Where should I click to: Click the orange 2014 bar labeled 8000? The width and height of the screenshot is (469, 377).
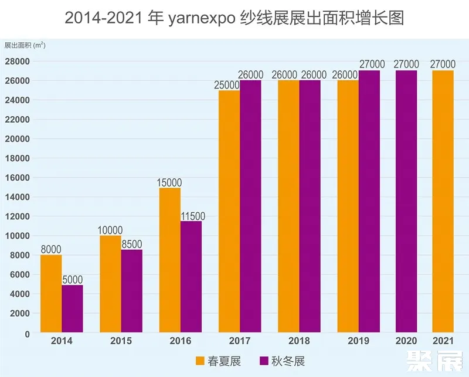(x=51, y=294)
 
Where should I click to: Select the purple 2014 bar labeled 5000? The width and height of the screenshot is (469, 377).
(x=72, y=309)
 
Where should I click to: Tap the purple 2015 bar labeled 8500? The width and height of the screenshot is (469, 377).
(x=132, y=291)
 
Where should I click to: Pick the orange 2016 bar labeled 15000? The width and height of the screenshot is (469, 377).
(x=170, y=260)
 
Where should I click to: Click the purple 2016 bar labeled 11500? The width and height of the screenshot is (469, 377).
(x=191, y=277)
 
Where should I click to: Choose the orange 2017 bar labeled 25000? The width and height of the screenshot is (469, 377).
(x=229, y=212)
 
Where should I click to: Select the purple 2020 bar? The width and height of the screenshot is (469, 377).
(x=406, y=202)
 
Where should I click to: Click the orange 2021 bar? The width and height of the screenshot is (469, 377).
(x=443, y=202)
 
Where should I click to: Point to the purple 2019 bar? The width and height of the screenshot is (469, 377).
(x=369, y=202)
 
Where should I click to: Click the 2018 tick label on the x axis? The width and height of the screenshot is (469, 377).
(x=298, y=341)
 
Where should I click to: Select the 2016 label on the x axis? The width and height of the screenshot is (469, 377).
(x=180, y=341)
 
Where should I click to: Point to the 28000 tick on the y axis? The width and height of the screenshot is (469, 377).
(x=18, y=61)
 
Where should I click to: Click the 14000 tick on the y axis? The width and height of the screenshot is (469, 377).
(x=18, y=197)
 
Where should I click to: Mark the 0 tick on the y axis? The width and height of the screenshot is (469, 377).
(x=26, y=333)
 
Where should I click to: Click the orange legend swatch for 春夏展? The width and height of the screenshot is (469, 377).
(x=200, y=361)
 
